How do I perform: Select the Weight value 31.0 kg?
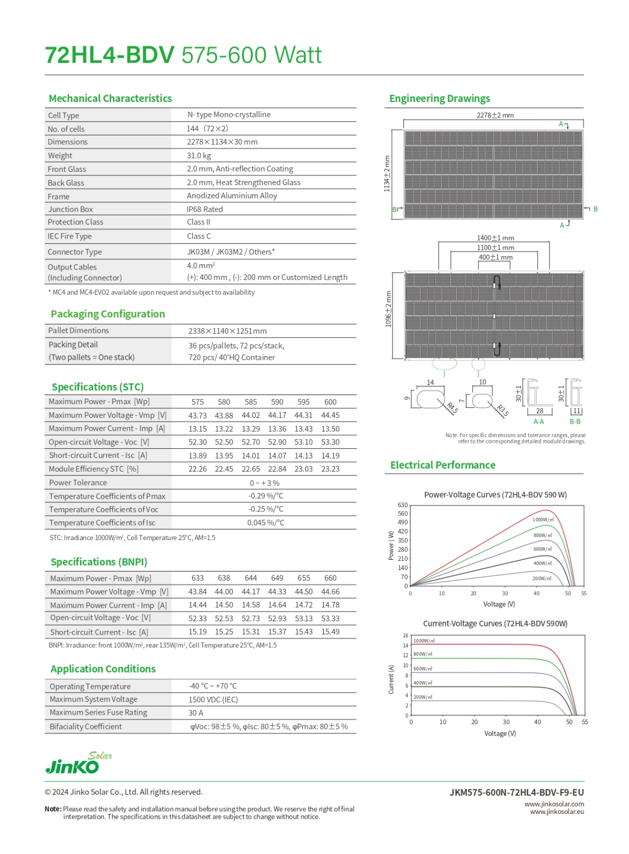click(198, 155)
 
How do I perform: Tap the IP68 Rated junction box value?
click(204, 209)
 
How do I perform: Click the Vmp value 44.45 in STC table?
click(330, 415)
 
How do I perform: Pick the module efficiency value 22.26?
click(197, 469)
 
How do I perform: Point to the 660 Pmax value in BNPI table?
click(330, 578)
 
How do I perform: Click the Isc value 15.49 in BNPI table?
click(330, 632)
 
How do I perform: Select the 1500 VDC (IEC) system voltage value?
click(213, 700)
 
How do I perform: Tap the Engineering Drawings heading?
click(439, 99)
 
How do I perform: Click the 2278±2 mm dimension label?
click(495, 115)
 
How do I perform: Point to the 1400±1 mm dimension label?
click(495, 238)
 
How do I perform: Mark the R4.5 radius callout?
click(452, 408)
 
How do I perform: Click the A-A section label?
click(538, 422)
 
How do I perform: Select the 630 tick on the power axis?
click(402, 505)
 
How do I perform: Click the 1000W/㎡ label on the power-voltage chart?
click(543, 519)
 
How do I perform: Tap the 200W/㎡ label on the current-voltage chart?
click(423, 697)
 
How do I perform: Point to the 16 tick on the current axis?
click(405, 636)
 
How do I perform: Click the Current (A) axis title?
click(391, 679)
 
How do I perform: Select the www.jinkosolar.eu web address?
click(556, 812)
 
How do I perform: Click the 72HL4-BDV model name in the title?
click(109, 55)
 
